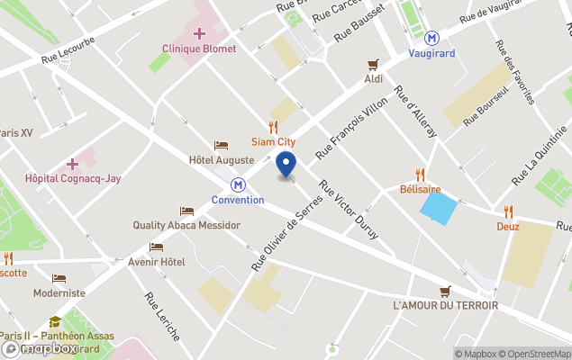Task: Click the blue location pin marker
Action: [x=286, y=166]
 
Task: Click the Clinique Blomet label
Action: [x=199, y=49]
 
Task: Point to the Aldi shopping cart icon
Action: [x=373, y=64]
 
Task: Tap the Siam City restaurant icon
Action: [x=273, y=127]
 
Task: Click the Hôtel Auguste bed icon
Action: [x=221, y=146]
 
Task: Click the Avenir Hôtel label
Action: [x=156, y=262]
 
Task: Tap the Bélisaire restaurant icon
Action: [x=420, y=175]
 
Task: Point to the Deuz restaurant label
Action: [x=508, y=227]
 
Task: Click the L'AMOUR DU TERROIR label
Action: [x=445, y=305]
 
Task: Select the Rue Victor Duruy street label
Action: [x=349, y=209]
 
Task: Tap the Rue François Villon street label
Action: [x=353, y=133]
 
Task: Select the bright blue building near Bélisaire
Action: [x=439, y=209]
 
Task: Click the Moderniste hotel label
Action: [x=59, y=292]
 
